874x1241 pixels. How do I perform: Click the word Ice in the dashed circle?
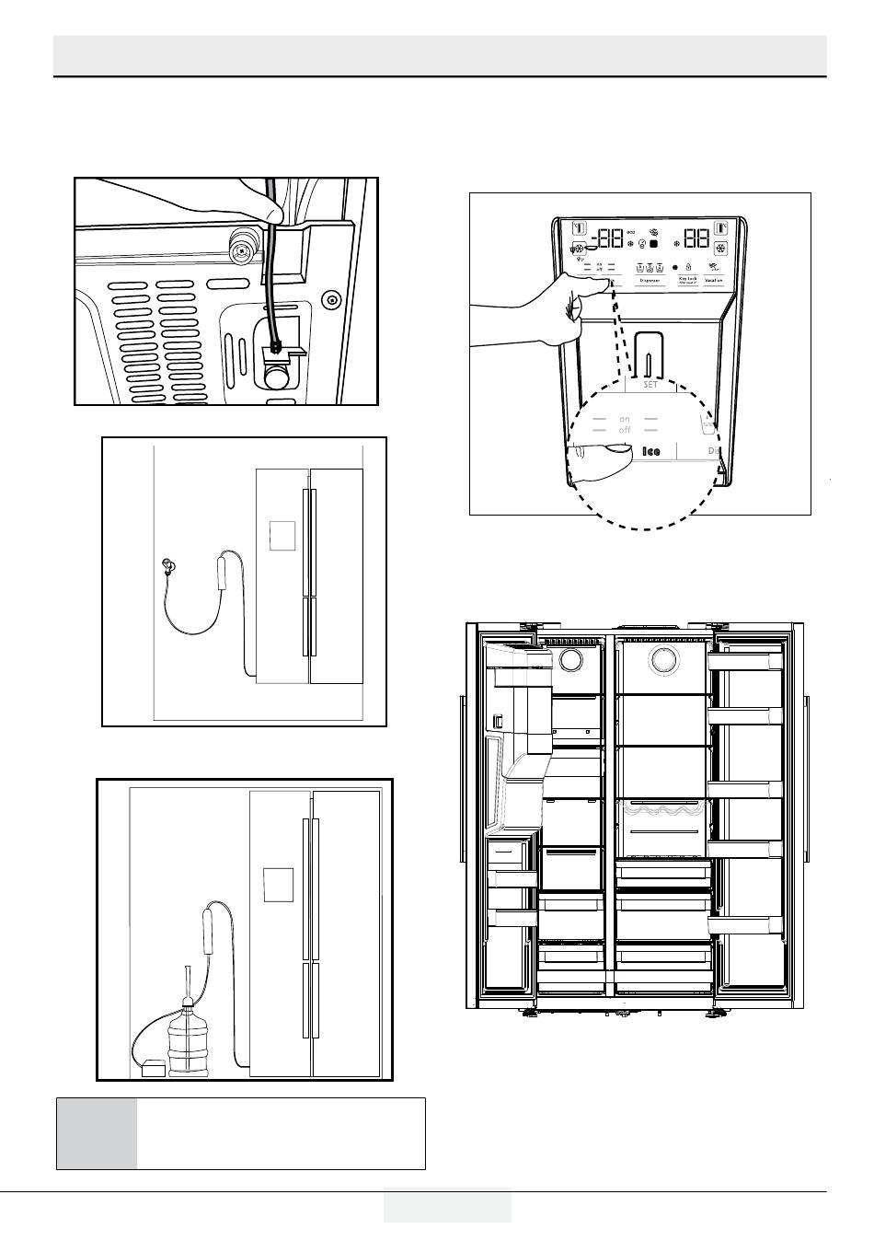click(x=651, y=451)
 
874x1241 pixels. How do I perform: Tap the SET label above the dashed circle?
click(x=650, y=385)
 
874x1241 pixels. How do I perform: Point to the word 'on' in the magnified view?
click(x=625, y=419)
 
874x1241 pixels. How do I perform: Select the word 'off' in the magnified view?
click(x=625, y=430)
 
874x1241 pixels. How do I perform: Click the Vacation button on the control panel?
click(x=714, y=280)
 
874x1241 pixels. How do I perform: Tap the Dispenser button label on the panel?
click(x=650, y=280)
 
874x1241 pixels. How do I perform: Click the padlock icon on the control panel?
click(x=688, y=267)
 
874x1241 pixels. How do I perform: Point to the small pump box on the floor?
click(x=153, y=1069)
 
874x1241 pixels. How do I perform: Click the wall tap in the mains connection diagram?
click(x=167, y=565)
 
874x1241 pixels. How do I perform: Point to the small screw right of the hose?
click(x=331, y=298)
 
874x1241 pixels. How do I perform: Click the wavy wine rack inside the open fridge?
click(x=661, y=809)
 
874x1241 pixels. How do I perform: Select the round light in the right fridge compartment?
click(x=661, y=659)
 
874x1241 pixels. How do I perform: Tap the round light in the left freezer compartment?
click(x=570, y=659)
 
